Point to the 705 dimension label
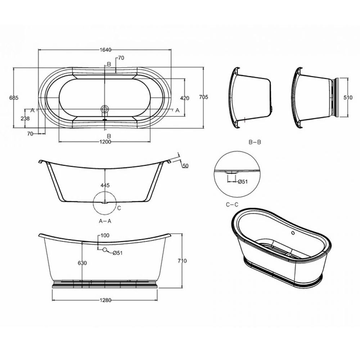tap(204, 97)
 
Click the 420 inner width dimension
tap(185, 98)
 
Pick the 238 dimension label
tap(25, 118)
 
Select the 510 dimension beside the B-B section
tap(347, 97)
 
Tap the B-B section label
tap(255, 143)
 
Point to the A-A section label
tap(105, 221)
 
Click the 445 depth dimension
tap(105, 185)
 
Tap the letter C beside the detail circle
tap(118, 208)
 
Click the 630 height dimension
tap(82, 263)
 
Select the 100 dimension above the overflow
tap(105, 235)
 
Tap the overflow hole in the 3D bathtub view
tap(293, 233)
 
